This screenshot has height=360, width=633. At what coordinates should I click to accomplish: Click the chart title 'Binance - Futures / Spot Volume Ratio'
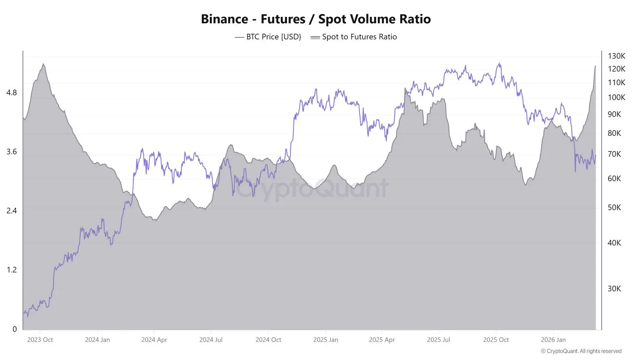[x=315, y=19]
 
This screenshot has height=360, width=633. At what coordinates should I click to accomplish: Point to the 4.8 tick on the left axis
[x=12, y=93]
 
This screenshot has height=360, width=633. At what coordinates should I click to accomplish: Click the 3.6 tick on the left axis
[x=12, y=152]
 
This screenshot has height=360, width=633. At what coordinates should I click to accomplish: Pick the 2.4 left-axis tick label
[x=12, y=211]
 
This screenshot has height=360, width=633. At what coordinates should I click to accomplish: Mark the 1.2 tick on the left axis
[x=12, y=270]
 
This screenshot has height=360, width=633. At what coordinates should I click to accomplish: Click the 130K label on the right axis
[x=616, y=56]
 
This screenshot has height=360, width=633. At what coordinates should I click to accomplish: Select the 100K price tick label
[x=616, y=98]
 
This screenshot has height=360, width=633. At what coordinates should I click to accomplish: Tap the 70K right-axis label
[x=614, y=154]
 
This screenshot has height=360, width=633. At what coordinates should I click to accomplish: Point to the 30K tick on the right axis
[x=614, y=289]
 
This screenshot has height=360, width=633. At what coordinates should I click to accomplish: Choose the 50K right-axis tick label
[x=614, y=208]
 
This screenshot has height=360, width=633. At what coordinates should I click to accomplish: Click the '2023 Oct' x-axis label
[x=40, y=340]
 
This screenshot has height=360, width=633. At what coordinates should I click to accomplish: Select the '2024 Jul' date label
[x=211, y=340]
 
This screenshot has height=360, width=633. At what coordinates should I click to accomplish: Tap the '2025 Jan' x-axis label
[x=326, y=340]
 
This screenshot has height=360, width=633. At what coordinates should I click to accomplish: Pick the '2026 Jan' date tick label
[x=553, y=340]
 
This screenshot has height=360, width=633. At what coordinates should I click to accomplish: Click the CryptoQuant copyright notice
[x=581, y=351]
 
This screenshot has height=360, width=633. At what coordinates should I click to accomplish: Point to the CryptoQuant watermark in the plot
[x=311, y=188]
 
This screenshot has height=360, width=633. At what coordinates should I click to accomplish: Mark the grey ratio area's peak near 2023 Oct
[x=43, y=64]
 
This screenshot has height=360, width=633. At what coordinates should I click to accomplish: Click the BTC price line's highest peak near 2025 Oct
[x=499, y=63]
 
